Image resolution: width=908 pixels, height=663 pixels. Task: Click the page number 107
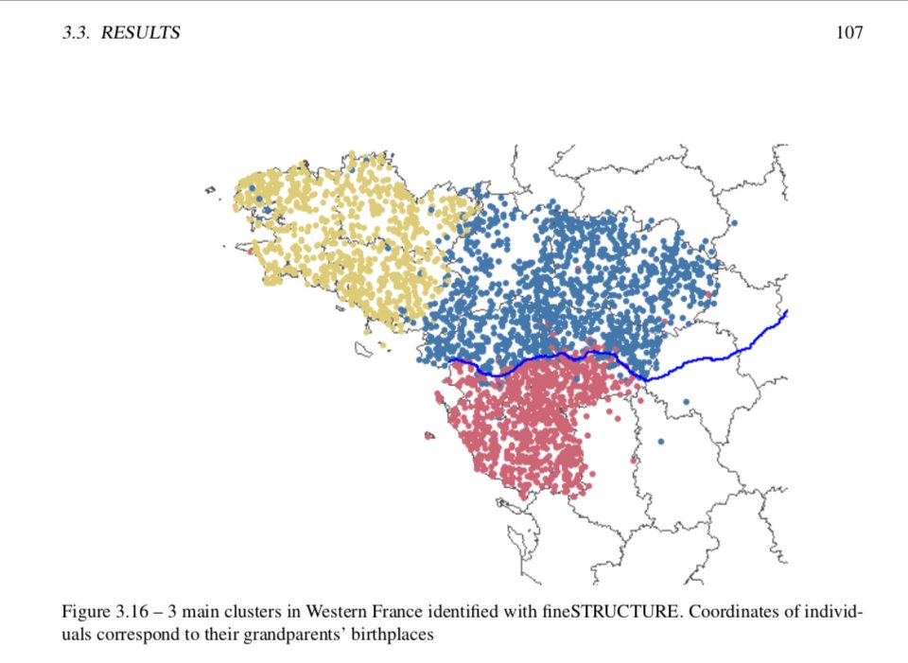click(x=848, y=33)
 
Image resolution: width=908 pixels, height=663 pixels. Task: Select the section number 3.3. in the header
click(x=79, y=33)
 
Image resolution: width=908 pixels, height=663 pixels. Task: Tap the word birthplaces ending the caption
click(x=395, y=636)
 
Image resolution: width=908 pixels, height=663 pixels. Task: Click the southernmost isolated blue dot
click(x=660, y=442)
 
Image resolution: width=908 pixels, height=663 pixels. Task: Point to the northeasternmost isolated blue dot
click(x=734, y=222)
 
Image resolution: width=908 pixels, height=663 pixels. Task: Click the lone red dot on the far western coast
click(x=250, y=252)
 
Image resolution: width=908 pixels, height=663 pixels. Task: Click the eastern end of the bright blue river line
click(x=787, y=311)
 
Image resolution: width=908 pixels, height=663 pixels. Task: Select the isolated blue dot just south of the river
click(x=686, y=401)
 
